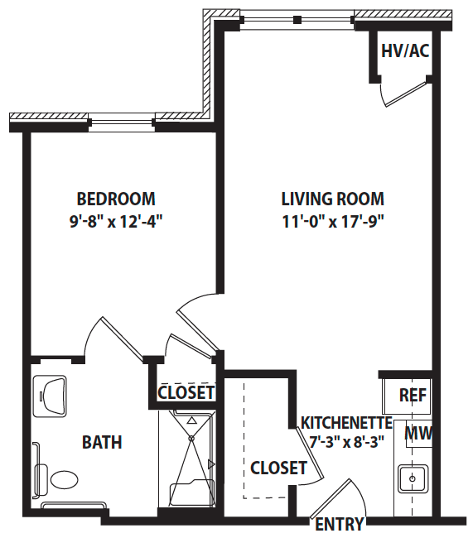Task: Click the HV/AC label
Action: click(405, 50)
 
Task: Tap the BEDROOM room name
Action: click(116, 199)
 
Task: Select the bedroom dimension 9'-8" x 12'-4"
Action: click(116, 222)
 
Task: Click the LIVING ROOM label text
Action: click(332, 199)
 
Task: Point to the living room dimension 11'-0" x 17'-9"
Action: click(332, 222)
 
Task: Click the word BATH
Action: click(102, 442)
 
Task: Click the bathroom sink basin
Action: click(51, 396)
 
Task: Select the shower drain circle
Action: click(191, 438)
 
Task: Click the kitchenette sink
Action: click(413, 478)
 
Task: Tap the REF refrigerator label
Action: click(413, 396)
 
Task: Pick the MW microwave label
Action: click(418, 433)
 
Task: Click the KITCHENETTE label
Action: click(346, 423)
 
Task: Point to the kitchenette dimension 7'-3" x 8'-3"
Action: click(346, 442)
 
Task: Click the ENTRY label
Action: click(340, 524)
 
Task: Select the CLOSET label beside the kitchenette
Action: click(278, 468)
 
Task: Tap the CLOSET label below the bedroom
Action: click(186, 392)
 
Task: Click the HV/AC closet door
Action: click(407, 93)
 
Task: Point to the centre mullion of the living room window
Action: click(297, 20)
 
